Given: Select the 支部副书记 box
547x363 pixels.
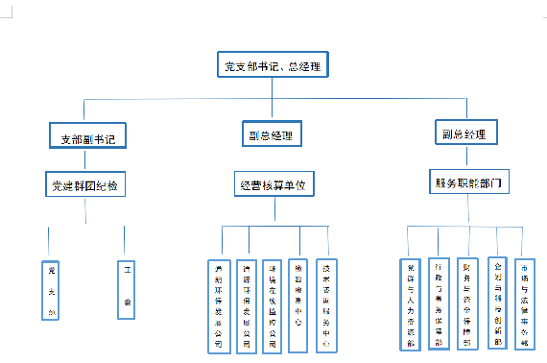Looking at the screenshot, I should tap(87, 137).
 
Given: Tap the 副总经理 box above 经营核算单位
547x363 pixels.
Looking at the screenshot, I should tap(270, 134).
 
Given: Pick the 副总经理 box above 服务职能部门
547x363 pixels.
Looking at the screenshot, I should tap(464, 133).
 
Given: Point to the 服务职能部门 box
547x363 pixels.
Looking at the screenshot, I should tap(468, 181).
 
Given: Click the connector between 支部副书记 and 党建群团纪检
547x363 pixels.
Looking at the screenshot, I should tap(87, 159).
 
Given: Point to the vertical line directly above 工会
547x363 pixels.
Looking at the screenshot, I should tap(125, 241).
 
